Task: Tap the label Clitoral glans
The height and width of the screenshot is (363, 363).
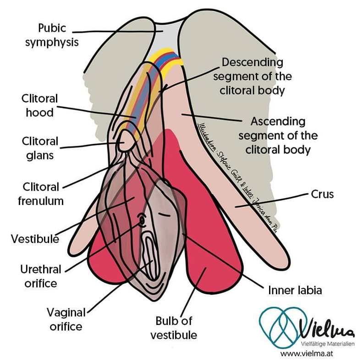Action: click(x=39, y=148)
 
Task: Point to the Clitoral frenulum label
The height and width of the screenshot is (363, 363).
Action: click(x=41, y=193)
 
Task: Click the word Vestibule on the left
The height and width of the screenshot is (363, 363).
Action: click(x=35, y=239)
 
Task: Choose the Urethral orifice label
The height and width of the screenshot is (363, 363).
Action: click(x=38, y=275)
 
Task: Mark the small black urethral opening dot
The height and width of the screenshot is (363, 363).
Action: click(x=142, y=221)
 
